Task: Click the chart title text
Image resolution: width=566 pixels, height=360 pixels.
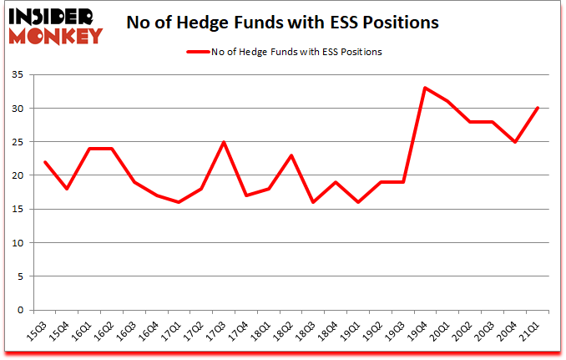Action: coord(282,23)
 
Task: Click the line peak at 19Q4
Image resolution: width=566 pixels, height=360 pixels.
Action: coord(425,88)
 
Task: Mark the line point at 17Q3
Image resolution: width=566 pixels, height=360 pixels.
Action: coord(223,142)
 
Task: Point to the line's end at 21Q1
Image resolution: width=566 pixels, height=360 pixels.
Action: coord(537,108)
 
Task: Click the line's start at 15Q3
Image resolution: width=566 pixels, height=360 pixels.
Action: coord(44,162)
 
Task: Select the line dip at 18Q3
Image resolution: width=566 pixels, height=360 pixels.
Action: coord(313,202)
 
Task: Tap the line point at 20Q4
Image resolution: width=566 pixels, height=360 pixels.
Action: coord(514,142)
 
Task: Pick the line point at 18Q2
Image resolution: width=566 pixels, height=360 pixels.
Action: coord(291,155)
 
